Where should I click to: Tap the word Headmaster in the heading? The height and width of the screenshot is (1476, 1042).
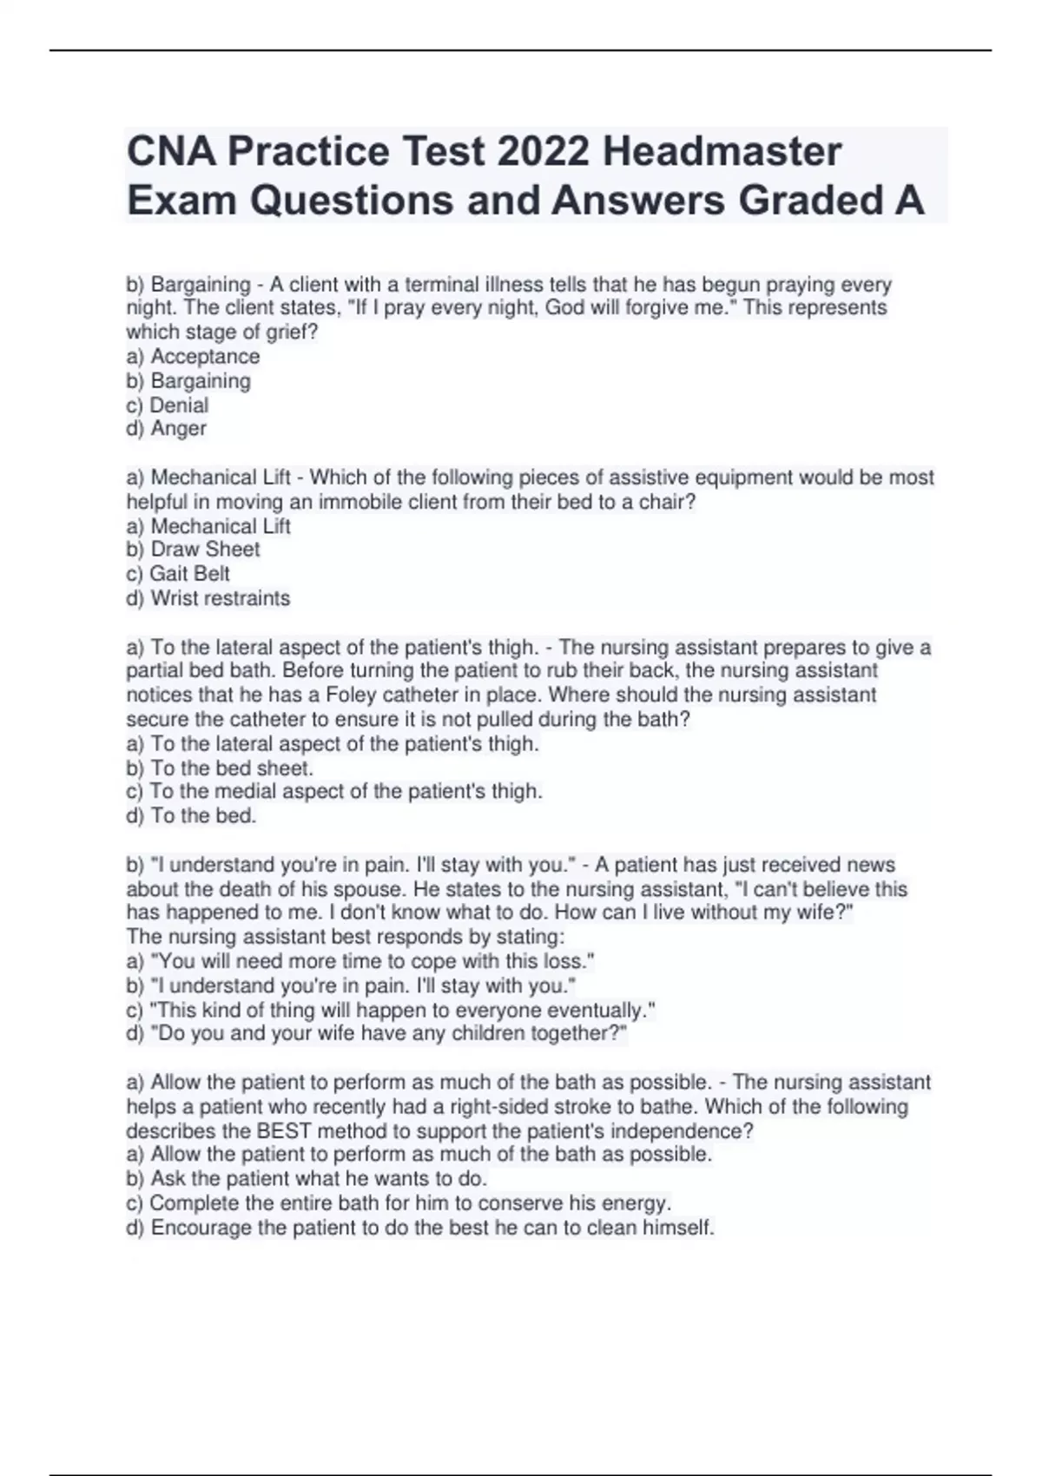click(722, 151)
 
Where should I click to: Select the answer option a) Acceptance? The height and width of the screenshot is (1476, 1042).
click(193, 356)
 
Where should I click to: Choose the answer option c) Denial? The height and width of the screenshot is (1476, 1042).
click(168, 405)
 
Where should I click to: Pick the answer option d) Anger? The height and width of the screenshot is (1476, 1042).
click(167, 428)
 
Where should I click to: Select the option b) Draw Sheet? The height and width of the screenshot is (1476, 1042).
click(193, 550)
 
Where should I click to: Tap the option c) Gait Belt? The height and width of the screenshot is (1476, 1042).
click(178, 574)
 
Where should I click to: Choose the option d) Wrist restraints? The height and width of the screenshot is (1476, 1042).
click(208, 598)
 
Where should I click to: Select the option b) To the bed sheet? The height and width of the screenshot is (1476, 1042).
click(220, 768)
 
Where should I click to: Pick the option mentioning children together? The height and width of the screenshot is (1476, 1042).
click(376, 1033)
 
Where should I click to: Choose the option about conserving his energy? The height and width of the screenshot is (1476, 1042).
click(399, 1203)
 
